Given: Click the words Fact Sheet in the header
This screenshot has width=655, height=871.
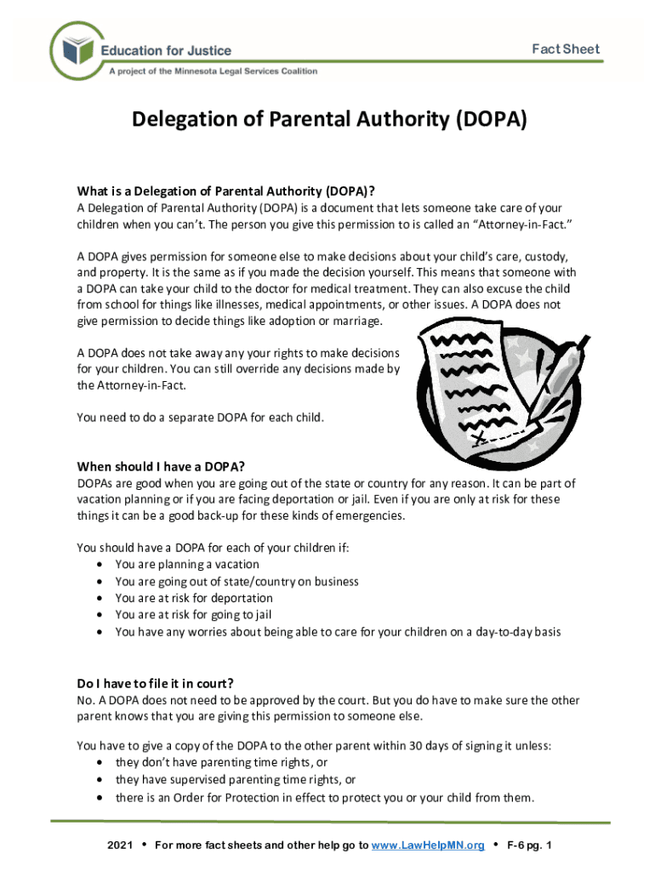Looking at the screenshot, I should (566, 48).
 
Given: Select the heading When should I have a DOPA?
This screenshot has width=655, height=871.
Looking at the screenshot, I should (161, 466).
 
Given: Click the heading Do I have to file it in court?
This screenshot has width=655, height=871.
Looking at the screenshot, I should (155, 683).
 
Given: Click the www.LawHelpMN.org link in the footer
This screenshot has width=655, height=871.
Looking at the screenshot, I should (428, 845).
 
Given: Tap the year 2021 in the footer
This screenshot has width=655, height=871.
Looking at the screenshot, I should (120, 845).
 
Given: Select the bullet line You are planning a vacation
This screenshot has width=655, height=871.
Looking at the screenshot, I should (187, 565).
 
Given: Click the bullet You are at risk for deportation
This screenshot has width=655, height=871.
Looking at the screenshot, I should (194, 598).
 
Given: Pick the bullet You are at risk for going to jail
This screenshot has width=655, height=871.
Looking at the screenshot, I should (193, 615).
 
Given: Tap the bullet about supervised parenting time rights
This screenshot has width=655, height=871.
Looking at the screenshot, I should (236, 780).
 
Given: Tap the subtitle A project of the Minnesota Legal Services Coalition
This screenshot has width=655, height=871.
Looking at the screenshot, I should (213, 71).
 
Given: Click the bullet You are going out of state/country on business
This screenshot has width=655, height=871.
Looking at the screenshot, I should (236, 582).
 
